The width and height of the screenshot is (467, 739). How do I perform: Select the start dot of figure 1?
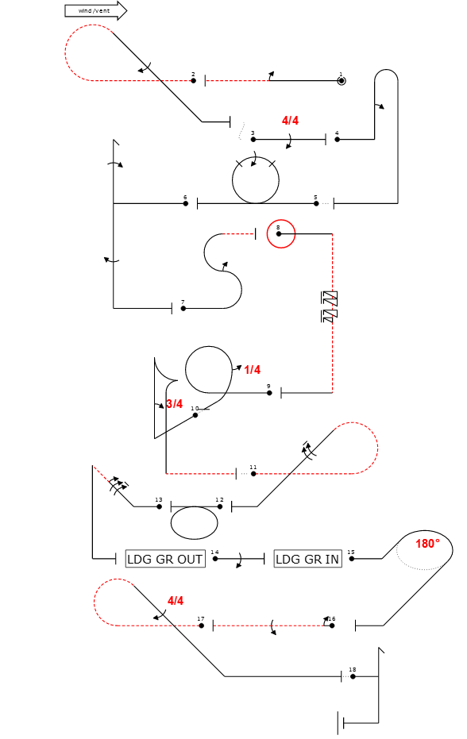[x=342, y=81]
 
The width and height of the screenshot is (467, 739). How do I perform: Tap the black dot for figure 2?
[x=194, y=81]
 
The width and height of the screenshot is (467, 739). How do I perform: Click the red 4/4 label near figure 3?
[x=290, y=121]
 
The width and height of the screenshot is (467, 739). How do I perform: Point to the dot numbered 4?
[x=338, y=140]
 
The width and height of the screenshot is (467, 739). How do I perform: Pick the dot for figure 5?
[x=316, y=203]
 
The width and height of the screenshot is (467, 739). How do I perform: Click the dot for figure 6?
[x=185, y=203]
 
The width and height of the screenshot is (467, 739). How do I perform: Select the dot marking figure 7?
[x=183, y=308]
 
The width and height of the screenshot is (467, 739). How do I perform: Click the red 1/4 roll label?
[x=253, y=370]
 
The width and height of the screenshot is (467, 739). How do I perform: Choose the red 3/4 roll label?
[x=175, y=404]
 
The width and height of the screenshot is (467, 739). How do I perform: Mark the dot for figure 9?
[x=269, y=393]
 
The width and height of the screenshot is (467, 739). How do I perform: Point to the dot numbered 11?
[x=253, y=474]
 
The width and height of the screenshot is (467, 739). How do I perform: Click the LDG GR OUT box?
[x=165, y=559]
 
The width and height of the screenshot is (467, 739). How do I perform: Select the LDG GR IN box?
[x=307, y=559]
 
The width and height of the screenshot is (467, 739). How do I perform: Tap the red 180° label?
[x=427, y=544]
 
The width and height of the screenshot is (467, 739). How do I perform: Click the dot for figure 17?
[x=202, y=625]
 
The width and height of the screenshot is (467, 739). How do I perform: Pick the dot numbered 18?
[x=353, y=677]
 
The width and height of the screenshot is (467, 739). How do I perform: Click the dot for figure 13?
[x=160, y=506]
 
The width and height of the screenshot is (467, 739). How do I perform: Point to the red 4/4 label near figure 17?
[x=176, y=601]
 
